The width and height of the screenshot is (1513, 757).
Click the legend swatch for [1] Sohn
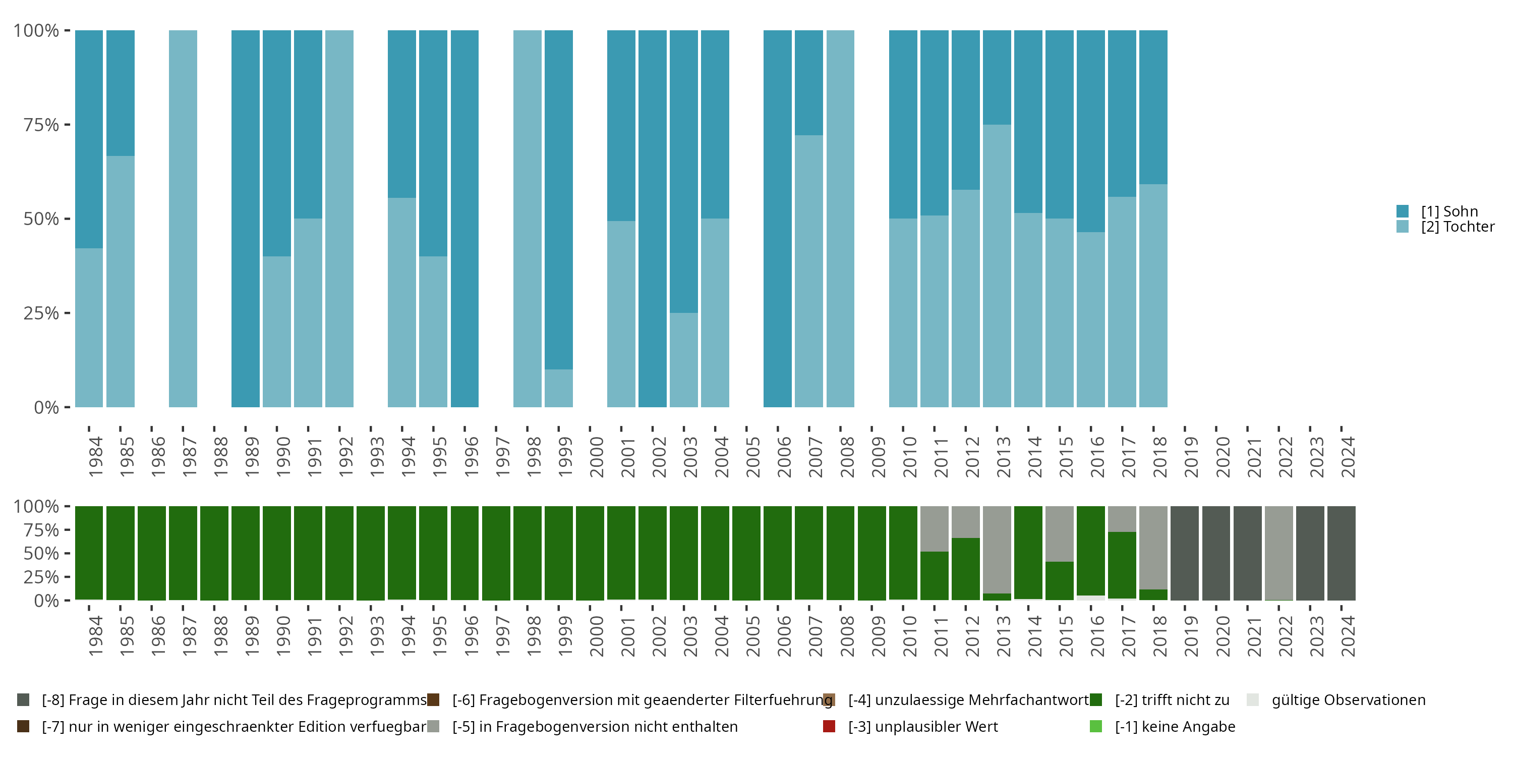coord(1403,211)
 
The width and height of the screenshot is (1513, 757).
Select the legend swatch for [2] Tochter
coord(1403,226)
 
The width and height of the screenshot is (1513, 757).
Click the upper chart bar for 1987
coord(183,219)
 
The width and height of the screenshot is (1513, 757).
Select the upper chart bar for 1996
coord(464,219)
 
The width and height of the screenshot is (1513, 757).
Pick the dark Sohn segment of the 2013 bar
coord(997,77)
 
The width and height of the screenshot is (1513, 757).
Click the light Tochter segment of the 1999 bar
coord(559,388)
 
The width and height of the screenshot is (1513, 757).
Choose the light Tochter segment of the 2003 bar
coord(684,360)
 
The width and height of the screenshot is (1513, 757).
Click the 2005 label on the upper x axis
coord(753,457)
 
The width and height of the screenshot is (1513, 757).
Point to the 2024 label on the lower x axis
coord(1348,636)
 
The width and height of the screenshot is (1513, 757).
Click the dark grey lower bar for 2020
coord(1216,553)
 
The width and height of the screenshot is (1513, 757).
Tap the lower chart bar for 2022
coord(1278,553)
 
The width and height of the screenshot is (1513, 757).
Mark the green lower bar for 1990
coord(277,553)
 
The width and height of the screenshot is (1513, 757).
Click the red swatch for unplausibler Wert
coord(829,726)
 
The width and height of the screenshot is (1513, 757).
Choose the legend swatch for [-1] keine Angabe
coord(1096,726)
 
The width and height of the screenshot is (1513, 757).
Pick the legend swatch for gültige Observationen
coord(1253,700)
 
